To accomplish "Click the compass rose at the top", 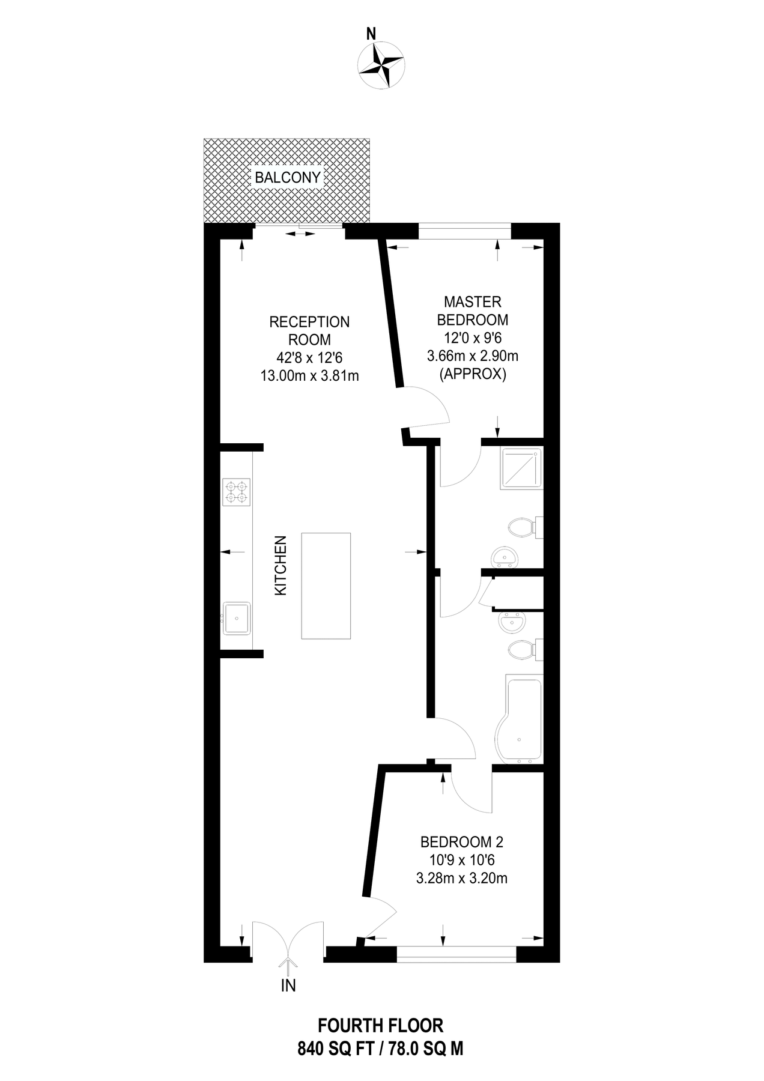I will click(x=380, y=63).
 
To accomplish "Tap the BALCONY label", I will click(x=288, y=178).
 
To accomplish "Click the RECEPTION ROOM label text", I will click(x=309, y=331).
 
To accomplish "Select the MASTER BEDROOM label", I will click(x=473, y=310).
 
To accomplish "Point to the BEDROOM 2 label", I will click(x=461, y=841).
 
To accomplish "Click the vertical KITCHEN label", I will click(x=280, y=566).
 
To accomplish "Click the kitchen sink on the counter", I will click(x=237, y=618).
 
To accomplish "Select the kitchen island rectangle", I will click(x=326, y=586).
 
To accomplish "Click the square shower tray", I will click(x=521, y=468).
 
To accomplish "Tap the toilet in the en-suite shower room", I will click(x=523, y=528).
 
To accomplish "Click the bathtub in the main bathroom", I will click(x=521, y=719).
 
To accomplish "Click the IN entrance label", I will click(x=289, y=986).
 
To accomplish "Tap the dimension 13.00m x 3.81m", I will click(x=309, y=377).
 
